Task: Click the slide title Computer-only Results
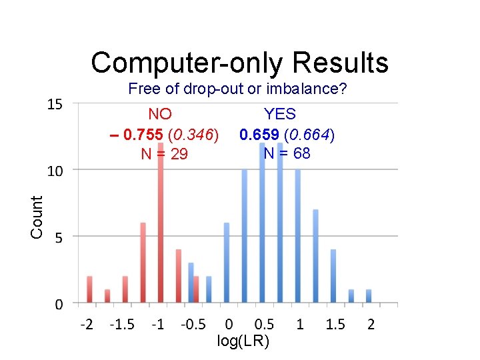pos(239,63)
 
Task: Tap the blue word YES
pos(280,114)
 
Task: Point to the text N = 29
pos(164,154)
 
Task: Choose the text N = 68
pos(287,153)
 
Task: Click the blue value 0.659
pos(259,135)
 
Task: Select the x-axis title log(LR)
pos(243,342)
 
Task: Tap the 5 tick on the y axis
pos(59,238)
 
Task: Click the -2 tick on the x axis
pos(87,325)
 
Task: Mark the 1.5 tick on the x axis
pos(335,325)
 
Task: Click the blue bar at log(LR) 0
pos(227,264)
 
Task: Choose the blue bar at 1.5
pos(333,277)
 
